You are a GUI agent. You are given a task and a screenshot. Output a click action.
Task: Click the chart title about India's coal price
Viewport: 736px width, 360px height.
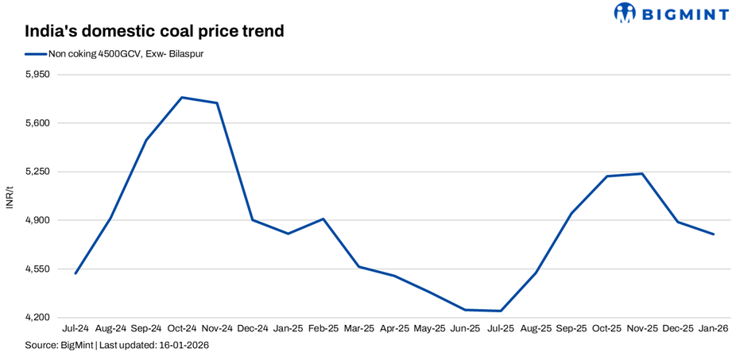pos(154,32)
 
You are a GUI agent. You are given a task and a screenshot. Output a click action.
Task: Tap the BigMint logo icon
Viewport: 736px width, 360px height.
pos(625,13)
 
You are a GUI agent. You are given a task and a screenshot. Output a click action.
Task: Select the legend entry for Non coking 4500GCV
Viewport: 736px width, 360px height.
pos(119,54)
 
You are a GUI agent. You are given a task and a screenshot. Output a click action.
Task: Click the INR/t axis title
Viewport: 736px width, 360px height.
pos(10,196)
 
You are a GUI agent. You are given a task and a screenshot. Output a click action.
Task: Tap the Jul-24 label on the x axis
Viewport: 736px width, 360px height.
pos(76,328)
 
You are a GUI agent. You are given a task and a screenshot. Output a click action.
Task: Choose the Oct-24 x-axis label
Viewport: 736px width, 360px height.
pos(182,328)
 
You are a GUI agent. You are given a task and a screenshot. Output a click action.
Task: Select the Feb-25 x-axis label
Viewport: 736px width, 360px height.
pos(323,328)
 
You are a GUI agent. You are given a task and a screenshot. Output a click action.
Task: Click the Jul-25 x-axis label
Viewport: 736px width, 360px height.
pos(501,328)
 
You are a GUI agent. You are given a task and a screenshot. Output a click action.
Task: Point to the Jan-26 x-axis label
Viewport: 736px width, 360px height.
pos(714,328)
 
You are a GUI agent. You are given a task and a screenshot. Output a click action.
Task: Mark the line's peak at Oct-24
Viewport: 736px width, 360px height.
pos(182,98)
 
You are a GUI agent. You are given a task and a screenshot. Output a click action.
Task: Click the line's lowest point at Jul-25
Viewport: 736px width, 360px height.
pos(501,311)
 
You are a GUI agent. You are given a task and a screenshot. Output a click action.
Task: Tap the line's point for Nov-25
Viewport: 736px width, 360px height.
pos(642,173)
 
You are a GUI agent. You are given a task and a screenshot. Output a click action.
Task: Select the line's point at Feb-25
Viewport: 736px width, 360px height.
pos(323,219)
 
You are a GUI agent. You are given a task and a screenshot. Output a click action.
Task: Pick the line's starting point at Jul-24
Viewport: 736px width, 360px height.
pos(76,273)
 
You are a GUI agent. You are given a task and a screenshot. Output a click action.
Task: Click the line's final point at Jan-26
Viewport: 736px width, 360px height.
pos(714,234)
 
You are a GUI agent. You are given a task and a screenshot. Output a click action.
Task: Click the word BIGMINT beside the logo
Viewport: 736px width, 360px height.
pos(686,13)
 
